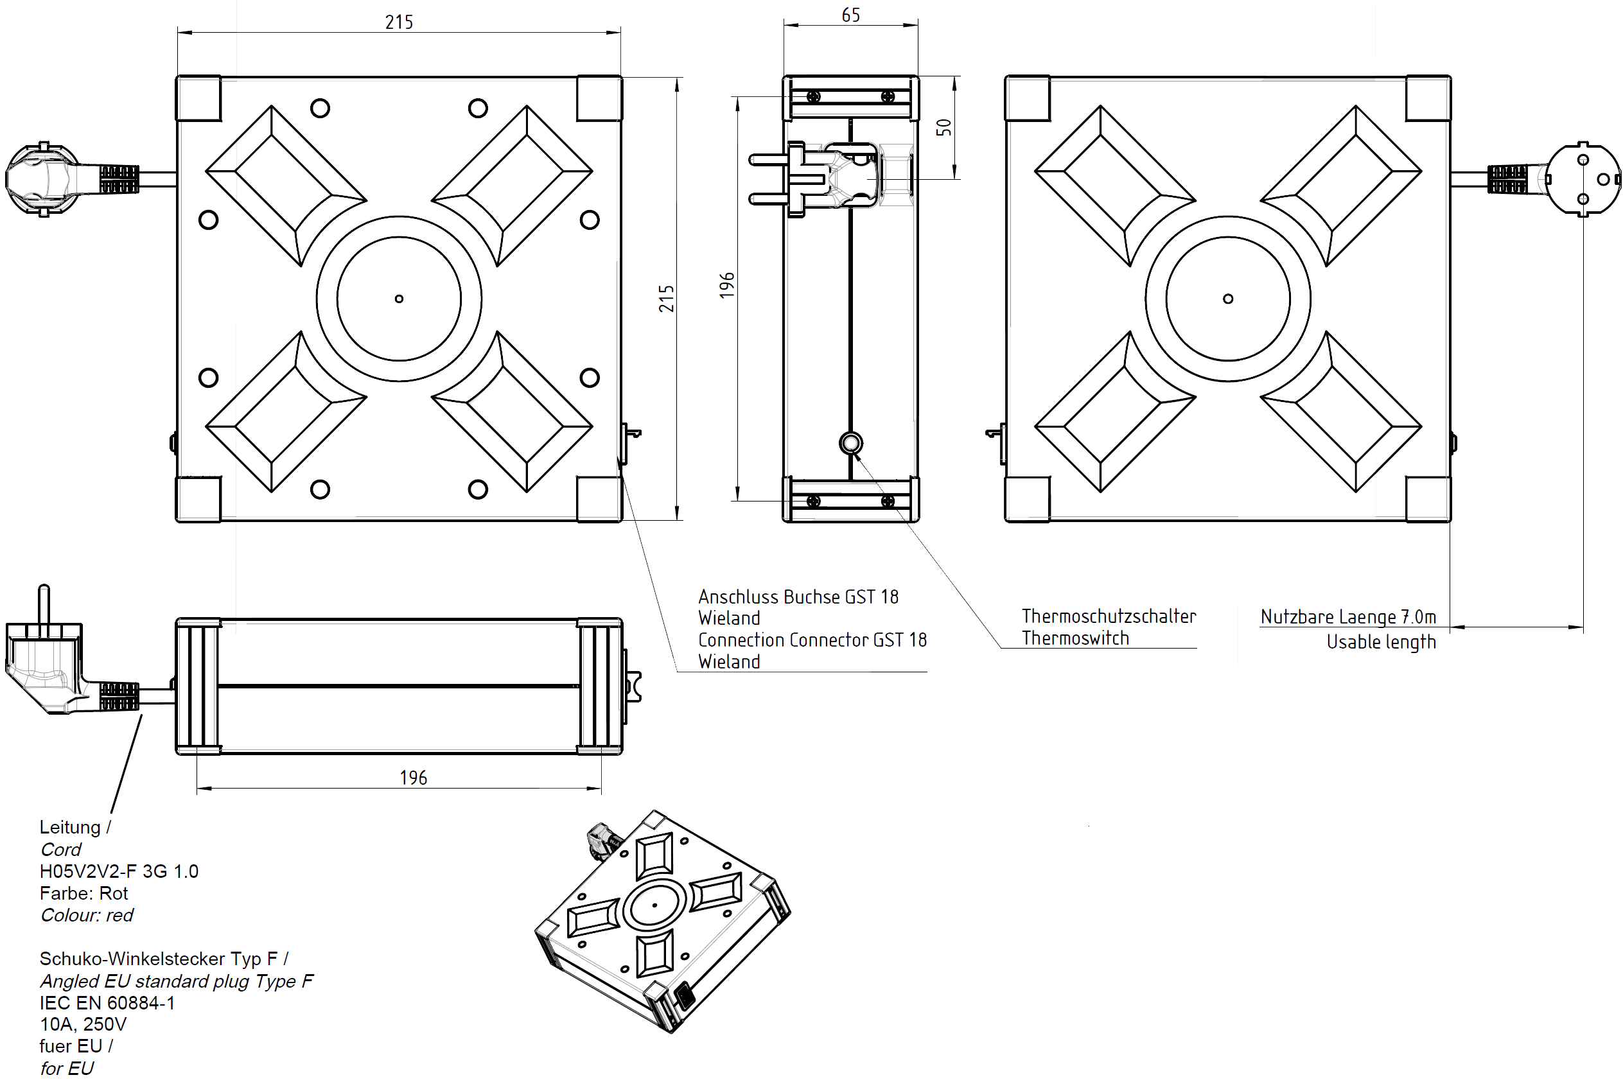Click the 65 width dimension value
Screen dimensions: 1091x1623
point(850,15)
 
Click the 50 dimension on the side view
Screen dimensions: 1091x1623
point(943,127)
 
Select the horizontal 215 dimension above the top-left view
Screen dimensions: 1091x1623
point(399,22)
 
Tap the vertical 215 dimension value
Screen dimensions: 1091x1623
point(666,298)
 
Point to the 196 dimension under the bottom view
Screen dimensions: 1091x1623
point(413,777)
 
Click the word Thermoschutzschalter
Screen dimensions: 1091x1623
point(1108,616)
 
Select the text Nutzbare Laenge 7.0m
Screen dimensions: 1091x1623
point(1347,616)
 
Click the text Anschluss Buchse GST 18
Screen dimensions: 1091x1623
point(798,597)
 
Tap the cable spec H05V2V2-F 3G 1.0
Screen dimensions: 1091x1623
point(118,871)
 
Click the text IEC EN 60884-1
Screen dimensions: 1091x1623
point(107,1002)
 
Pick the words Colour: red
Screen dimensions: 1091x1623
point(86,915)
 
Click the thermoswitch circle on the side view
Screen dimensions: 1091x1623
point(850,443)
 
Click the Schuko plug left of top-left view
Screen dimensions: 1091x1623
point(42,180)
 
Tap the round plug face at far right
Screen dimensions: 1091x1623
point(1583,180)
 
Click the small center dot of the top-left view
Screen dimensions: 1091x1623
point(399,299)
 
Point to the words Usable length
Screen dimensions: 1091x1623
point(1380,642)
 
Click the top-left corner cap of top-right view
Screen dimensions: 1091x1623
point(1027,98)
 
